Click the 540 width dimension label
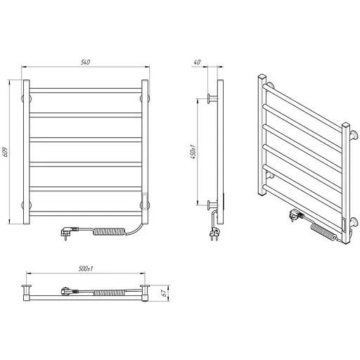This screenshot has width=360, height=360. pos(85,62)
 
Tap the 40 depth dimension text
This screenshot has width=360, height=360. pos(197,62)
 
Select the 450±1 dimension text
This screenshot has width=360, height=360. pos(194,152)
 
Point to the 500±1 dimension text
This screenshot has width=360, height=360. pos(86,269)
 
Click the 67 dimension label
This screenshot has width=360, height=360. pos(165,293)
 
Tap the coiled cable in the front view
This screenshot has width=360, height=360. pos(110,231)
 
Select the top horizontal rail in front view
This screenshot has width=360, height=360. pos(86,91)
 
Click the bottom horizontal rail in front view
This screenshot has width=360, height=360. pos(86,213)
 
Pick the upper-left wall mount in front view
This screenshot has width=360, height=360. pos(27,98)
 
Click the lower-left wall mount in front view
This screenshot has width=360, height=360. pos(27,205)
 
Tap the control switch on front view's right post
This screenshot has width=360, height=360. pos(146,200)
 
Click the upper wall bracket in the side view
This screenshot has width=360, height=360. pos(212,98)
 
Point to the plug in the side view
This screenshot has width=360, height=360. pos(214,234)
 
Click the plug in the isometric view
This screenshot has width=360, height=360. pos(297,214)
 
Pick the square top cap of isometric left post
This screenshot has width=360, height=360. pos(262,77)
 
